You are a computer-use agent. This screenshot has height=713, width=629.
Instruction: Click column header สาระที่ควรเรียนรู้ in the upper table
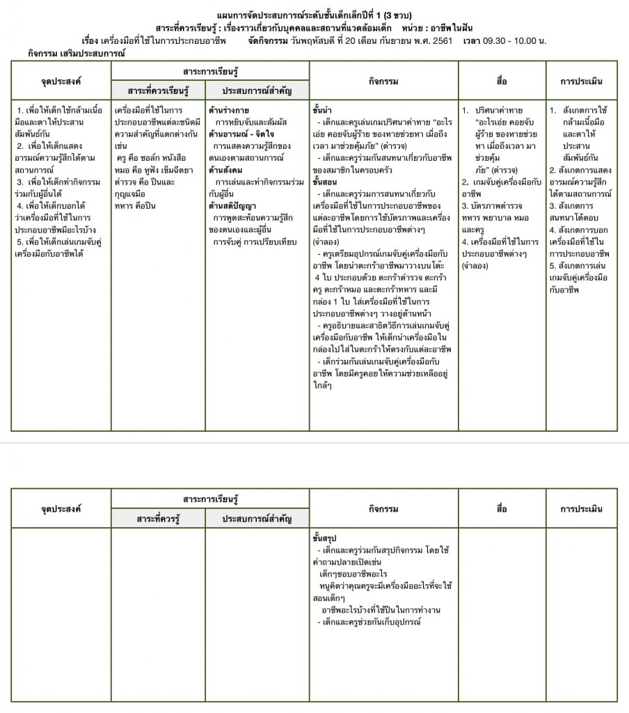coord(158,91)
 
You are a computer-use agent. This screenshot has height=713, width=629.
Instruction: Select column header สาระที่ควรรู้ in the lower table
coord(158,518)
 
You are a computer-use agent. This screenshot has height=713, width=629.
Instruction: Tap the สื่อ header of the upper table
coord(502,81)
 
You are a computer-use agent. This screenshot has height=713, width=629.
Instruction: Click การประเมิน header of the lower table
coord(581,509)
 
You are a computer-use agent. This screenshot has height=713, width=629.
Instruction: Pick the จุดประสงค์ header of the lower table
coord(61,509)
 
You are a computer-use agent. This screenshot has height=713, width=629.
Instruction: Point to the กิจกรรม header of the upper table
coord(383,81)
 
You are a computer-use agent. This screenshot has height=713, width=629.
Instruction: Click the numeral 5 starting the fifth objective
coord(19,242)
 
